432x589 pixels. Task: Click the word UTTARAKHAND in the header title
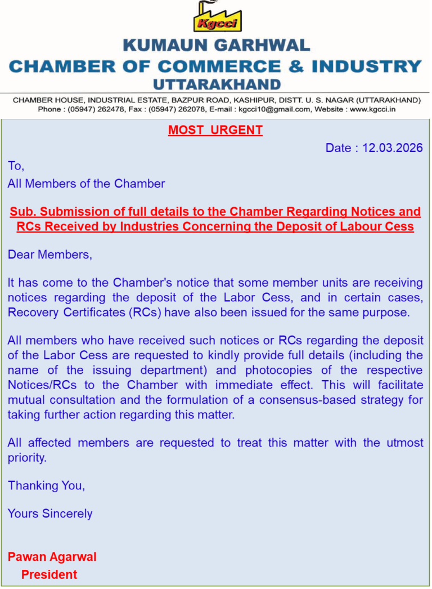point(217,84)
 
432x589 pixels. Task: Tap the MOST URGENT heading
point(215,130)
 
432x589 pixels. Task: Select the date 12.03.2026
point(393,148)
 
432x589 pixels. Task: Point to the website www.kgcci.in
point(372,109)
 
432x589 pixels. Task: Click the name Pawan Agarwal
point(52,557)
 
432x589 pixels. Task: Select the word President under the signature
point(49,574)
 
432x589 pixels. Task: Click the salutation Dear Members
point(49,255)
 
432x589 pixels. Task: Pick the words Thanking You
point(47,485)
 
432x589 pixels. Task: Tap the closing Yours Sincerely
point(50,514)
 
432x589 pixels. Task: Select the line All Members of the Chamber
point(86,184)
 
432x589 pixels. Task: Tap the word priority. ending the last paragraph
point(27,457)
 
